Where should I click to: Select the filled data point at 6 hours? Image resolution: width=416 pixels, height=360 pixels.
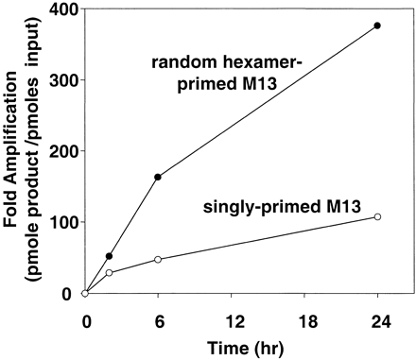(x=158, y=177)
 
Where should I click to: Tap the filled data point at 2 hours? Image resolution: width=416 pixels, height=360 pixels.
(x=110, y=256)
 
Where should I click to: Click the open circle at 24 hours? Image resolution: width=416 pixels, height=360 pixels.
(x=377, y=217)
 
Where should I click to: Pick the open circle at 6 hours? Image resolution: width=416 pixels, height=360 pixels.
(x=158, y=259)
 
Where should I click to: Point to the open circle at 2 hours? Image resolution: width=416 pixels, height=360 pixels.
(x=110, y=273)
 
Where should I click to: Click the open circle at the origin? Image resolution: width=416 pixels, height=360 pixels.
(x=85, y=294)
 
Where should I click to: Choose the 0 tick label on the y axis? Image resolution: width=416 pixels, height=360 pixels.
(x=68, y=294)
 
